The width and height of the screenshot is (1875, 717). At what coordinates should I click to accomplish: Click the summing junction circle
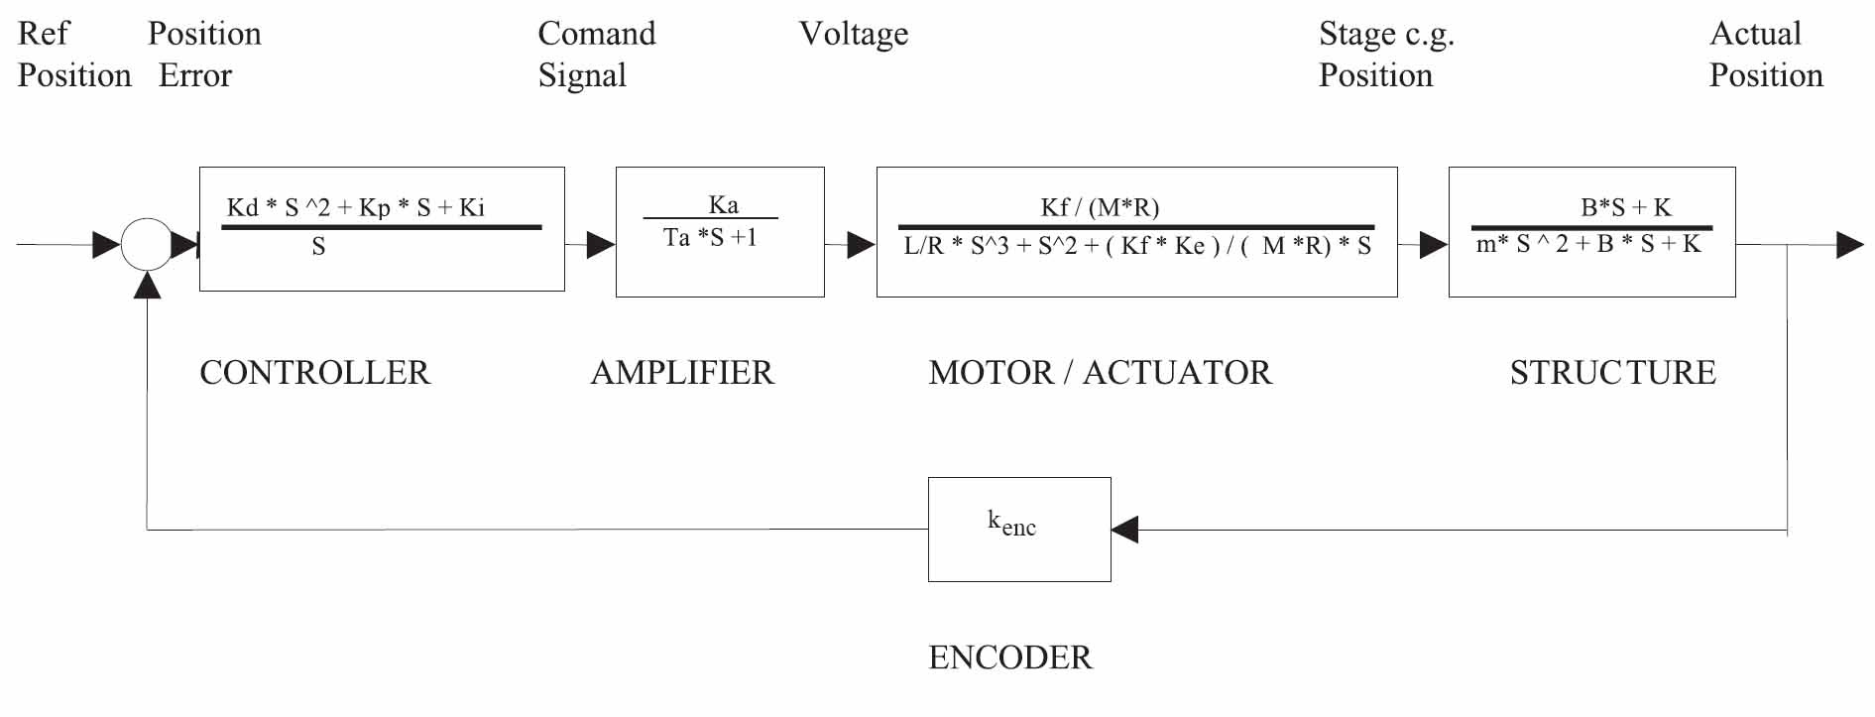point(147,244)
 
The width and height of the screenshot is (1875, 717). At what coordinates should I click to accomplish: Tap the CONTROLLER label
point(315,373)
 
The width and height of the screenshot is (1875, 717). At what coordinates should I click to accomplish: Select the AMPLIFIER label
point(682,373)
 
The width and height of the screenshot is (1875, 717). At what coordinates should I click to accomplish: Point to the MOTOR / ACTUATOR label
point(1100,373)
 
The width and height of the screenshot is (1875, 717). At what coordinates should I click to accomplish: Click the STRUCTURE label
point(1612,373)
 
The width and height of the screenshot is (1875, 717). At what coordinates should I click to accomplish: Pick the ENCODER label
point(1009,657)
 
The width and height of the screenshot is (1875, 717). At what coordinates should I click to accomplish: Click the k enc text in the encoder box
point(1011,523)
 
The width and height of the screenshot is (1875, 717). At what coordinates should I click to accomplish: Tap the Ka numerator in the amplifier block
point(723,204)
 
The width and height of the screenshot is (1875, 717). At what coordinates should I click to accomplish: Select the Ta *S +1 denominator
point(710,238)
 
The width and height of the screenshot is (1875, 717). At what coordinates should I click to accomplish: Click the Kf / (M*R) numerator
point(1100,207)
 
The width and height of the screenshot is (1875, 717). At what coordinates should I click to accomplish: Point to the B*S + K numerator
point(1625,207)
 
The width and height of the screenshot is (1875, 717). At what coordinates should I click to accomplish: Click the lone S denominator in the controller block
point(318,247)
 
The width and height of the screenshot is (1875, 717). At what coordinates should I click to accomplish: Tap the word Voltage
point(854,35)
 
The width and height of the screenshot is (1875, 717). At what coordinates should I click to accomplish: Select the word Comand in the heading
point(597,34)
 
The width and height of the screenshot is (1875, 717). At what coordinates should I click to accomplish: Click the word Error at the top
point(195,75)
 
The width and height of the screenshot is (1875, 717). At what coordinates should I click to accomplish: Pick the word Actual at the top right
point(1755,34)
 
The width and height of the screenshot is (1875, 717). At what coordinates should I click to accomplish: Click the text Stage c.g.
point(1386,35)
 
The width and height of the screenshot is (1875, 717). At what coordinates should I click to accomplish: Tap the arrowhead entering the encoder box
point(1124,530)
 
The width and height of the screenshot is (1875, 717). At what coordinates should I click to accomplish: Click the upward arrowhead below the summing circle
point(147,285)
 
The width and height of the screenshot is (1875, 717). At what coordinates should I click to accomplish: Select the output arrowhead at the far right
point(1849,245)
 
